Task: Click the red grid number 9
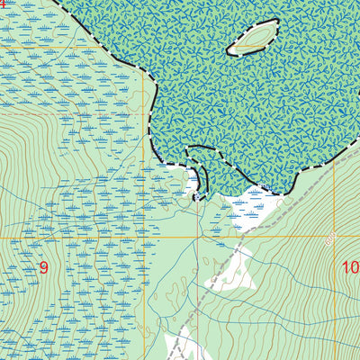(42, 266)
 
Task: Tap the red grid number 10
(349, 266)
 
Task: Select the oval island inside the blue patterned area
(252, 39)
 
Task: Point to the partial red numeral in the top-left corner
(3, 4)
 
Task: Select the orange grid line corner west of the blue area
(144, 46)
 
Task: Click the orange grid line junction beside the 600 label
(334, 238)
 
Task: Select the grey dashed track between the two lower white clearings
(198, 310)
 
